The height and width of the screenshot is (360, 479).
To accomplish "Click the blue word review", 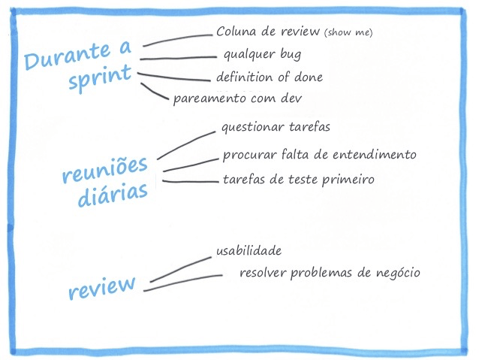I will click(x=101, y=286).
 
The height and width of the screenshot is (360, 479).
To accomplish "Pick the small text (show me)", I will click(x=348, y=32).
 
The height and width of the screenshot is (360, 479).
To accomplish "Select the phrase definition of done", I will click(x=270, y=77).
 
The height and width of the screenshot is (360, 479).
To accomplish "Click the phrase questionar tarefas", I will click(x=276, y=127).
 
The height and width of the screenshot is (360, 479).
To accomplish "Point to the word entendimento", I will click(x=372, y=155).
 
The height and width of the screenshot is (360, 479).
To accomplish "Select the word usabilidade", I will click(x=249, y=250).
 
